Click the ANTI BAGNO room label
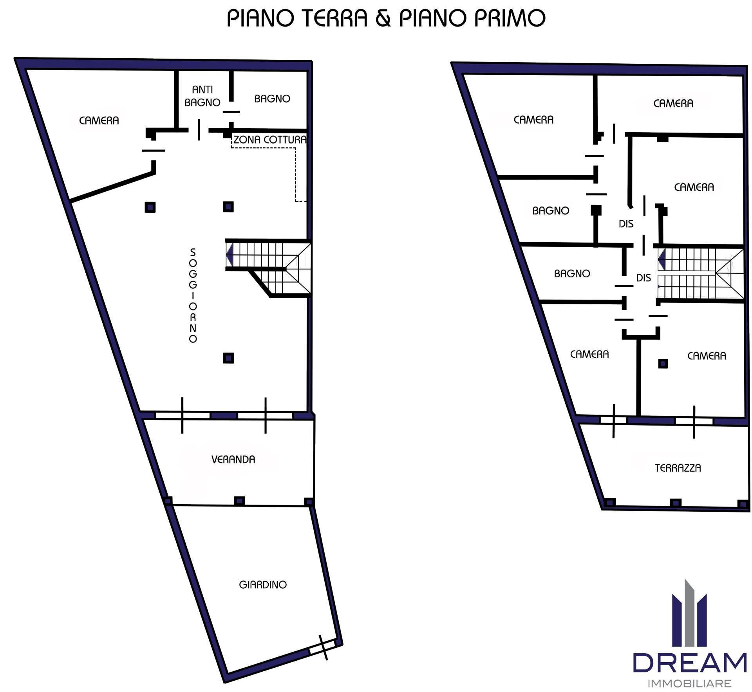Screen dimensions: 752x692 [202, 96]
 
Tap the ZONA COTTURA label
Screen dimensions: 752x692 [270, 140]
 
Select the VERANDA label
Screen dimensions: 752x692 [233, 459]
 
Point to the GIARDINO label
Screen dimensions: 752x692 [263, 584]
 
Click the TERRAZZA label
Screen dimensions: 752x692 [678, 468]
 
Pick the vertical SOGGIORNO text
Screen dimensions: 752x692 [193, 295]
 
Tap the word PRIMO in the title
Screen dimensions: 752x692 [509, 18]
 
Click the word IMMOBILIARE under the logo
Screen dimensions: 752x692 [690, 683]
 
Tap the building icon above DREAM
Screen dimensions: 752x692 [689, 613]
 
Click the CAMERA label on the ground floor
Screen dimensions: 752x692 [99, 120]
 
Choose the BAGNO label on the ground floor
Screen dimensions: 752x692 [272, 99]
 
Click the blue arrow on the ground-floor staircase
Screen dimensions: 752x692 [230, 254]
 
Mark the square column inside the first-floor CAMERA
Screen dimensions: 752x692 [663, 364]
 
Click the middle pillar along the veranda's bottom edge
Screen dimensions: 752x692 [239, 501]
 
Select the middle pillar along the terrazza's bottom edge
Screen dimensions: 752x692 [676, 503]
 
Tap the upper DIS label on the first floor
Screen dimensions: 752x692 [626, 224]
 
